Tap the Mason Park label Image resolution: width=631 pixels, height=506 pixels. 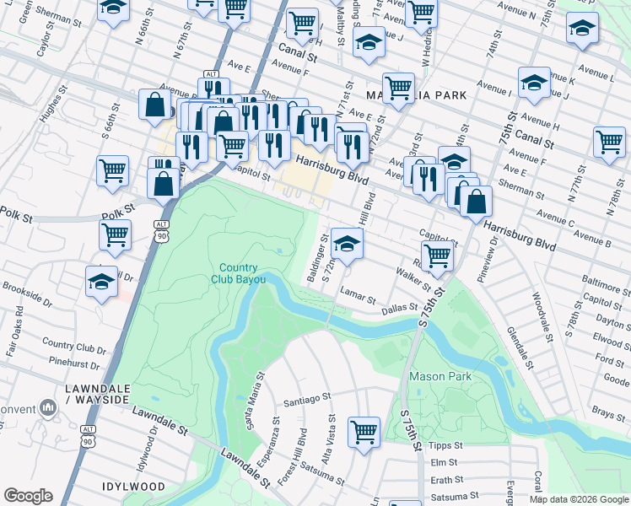click(x=440, y=376)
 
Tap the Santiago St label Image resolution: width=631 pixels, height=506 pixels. click(x=310, y=399)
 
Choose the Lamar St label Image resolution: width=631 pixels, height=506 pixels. click(x=358, y=296)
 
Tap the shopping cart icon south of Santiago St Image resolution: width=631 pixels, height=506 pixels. click(x=364, y=433)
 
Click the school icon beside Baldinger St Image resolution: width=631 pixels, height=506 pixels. click(x=346, y=245)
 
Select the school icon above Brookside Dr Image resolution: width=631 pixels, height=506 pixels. click(x=101, y=282)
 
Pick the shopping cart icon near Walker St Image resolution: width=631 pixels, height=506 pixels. click(x=437, y=255)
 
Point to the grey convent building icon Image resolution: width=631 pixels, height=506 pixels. click(x=47, y=410)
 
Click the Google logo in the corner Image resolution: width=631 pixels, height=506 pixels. click(x=28, y=496)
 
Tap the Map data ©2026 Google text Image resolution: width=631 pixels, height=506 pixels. click(x=579, y=499)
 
